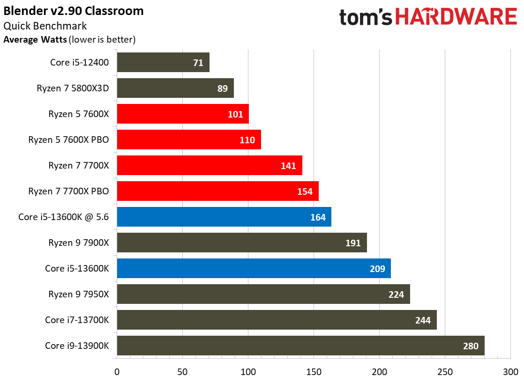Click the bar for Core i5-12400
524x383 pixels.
coord(163,62)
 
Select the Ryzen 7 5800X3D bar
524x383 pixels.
coord(175,88)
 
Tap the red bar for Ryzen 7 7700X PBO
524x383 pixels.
coord(218,191)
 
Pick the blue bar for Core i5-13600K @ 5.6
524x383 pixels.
coord(224,217)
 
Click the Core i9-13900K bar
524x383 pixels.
coord(301,346)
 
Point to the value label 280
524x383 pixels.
coord(471,346)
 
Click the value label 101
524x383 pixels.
coord(235,115)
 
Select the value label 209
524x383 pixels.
coord(377,269)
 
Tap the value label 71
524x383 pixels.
coord(198,63)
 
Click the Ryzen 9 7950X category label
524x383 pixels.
coord(79,294)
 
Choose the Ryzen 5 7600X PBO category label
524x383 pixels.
coord(68,140)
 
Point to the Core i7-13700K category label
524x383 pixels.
coord(77,320)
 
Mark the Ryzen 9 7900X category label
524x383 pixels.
coord(79,243)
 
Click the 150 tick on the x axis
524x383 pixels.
coord(314,372)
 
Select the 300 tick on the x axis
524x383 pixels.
coord(510,372)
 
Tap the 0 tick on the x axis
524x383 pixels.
coord(117,372)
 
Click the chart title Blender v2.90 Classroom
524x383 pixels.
coord(74,11)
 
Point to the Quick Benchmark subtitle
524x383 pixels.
coord(45,26)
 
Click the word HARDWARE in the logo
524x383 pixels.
coord(457,17)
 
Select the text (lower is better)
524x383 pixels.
coord(102,40)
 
